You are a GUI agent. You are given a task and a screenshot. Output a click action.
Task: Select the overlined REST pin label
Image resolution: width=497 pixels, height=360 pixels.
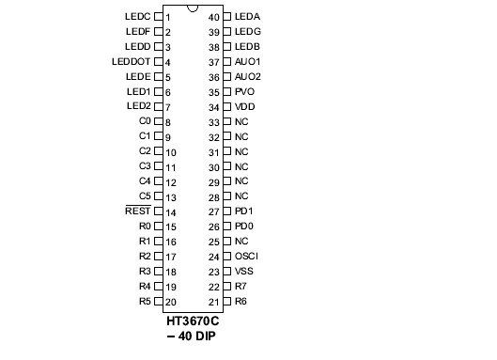[137, 211]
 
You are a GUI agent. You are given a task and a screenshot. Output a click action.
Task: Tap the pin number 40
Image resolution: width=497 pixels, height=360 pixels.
[214, 17]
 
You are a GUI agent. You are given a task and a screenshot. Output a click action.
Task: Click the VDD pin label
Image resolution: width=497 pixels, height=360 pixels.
[244, 107]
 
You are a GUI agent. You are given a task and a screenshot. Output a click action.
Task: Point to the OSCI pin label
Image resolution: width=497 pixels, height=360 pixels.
[246, 257]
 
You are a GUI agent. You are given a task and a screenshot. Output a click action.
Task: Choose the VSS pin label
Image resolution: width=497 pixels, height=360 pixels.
[244, 272]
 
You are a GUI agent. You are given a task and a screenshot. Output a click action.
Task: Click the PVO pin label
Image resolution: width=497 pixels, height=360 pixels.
[244, 92]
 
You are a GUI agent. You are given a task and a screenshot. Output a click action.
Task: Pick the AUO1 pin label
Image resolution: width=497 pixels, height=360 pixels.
[248, 62]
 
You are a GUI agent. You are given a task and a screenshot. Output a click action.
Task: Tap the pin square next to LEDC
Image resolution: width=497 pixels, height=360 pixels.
[158, 17]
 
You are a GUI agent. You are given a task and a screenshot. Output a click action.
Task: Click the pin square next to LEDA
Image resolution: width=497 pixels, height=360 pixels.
[226, 17]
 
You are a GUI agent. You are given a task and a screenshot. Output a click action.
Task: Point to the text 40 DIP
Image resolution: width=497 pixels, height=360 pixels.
[198, 337]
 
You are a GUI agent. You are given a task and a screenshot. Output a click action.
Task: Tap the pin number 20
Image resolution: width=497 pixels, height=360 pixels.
[171, 302]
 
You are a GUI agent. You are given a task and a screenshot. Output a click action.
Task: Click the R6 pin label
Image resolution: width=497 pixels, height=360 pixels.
[241, 302]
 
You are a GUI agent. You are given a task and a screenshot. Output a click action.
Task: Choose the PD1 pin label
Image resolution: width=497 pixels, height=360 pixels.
[243, 211]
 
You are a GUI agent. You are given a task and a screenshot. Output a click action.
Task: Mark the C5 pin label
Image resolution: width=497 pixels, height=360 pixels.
[145, 196]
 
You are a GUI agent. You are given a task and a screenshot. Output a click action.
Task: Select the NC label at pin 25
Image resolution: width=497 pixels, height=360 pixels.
[241, 242]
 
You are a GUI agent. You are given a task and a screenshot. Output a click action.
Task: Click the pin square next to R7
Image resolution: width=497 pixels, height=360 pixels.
[226, 287]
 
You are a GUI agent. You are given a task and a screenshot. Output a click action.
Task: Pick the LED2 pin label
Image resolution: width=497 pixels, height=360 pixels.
[138, 107]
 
